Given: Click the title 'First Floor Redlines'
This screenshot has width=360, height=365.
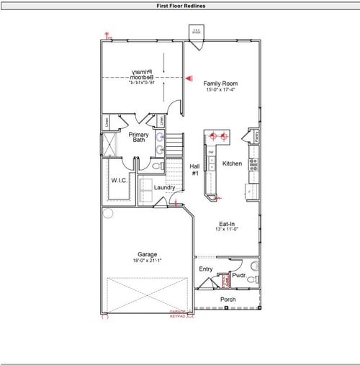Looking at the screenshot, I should (180, 5).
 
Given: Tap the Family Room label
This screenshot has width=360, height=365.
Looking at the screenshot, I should (220, 84).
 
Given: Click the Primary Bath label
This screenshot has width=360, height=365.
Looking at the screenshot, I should (139, 137).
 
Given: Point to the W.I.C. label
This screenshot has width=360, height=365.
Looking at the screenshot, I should (120, 180).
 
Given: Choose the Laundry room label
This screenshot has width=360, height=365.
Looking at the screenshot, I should (164, 188).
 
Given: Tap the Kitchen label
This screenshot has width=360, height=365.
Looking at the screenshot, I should (232, 163).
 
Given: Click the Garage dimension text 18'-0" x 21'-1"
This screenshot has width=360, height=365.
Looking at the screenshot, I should (148, 261).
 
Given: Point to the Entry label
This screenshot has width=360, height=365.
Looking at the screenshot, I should (206, 269).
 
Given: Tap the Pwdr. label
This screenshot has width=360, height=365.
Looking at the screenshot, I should (239, 274).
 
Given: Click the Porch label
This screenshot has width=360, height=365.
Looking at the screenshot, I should (228, 299).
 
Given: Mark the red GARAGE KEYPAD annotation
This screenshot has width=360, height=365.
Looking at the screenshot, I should (177, 314).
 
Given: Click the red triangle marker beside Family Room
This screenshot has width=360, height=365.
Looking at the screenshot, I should (189, 78).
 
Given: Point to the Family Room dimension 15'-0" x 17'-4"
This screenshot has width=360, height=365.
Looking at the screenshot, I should (220, 90).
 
